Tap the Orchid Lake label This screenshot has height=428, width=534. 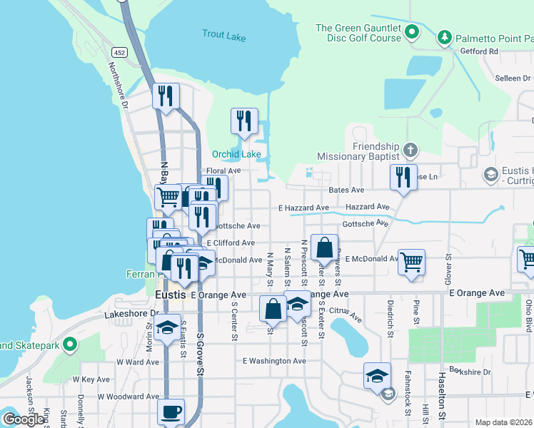click(x=236, y=154)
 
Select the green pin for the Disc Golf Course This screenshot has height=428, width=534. click(x=412, y=32)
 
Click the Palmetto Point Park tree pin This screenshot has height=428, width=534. click(x=444, y=36)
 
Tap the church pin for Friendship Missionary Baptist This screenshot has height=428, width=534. click(x=410, y=150)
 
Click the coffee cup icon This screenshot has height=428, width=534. click(x=171, y=412)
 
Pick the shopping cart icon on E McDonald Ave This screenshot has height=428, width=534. click(x=412, y=261)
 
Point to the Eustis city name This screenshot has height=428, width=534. click(x=171, y=294)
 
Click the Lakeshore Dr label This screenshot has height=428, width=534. click(x=129, y=313)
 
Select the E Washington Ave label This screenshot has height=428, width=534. click(x=274, y=361)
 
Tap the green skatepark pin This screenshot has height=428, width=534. click(x=69, y=345)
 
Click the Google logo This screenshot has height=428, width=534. click(x=24, y=419)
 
